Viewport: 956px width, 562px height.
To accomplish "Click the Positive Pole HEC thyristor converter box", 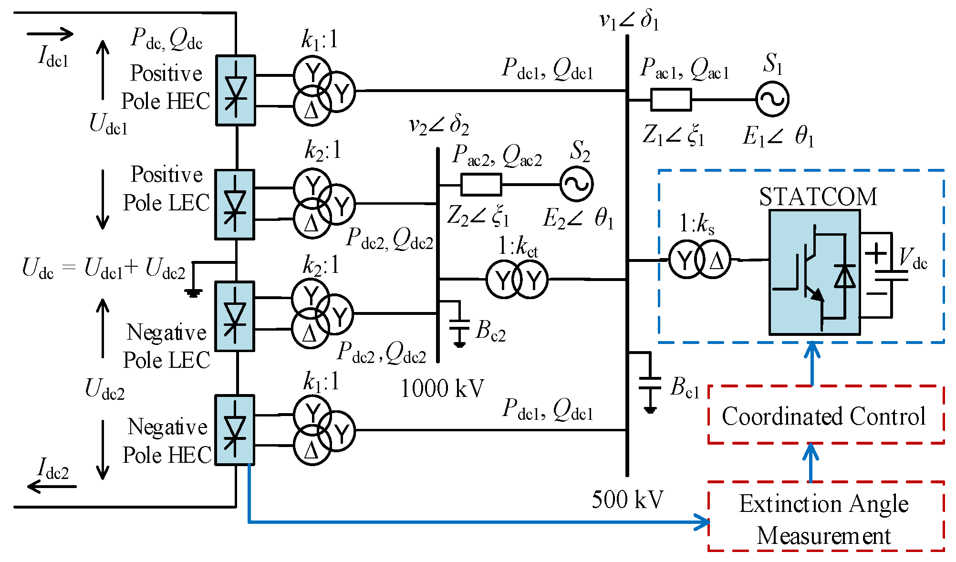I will [235, 90].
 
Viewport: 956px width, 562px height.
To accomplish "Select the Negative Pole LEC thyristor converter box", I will [234, 316].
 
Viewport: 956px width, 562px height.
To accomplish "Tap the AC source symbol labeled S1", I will [772, 99].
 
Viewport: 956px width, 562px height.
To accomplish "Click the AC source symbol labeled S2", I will [576, 184].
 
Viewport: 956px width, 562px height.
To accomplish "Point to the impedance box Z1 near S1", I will [671, 100].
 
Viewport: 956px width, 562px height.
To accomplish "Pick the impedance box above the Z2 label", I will [481, 185].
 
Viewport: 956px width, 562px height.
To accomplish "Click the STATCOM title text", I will [818, 197].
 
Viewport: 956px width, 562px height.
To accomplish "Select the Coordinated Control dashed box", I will [826, 415].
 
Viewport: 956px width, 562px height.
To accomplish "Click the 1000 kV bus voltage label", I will [442, 388].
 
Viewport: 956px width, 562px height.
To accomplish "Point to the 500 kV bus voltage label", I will [627, 500].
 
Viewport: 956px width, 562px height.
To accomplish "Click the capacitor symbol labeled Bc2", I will [459, 324].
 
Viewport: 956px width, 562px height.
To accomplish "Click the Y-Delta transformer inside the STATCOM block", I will [699, 260].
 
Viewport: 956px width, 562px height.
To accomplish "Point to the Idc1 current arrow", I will [50, 34].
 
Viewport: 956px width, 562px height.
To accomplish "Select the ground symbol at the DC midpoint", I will [193, 292].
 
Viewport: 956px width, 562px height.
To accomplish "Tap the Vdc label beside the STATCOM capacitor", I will [913, 259].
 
